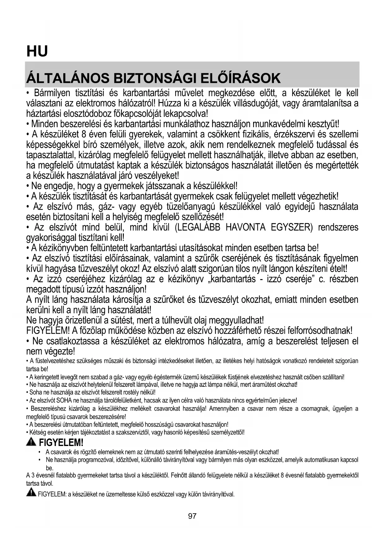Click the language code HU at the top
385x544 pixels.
37,51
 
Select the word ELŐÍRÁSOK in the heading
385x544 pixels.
240,78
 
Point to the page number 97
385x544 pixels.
192,516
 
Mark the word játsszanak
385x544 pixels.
165,186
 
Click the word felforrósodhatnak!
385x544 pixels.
320,330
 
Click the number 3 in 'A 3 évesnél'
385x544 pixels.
32,475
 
